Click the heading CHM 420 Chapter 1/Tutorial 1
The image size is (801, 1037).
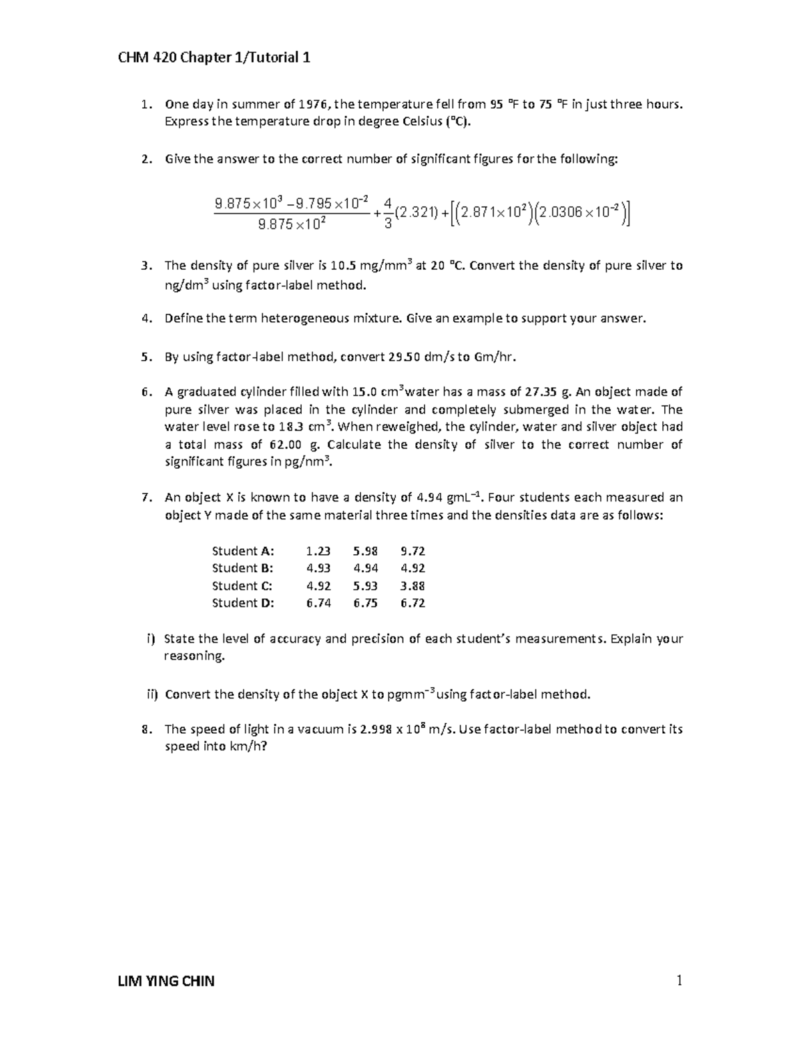(214, 58)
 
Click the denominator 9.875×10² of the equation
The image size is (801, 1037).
(292, 225)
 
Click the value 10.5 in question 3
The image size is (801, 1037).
(343, 266)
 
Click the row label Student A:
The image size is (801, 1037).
(243, 551)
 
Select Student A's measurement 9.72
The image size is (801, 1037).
(413, 551)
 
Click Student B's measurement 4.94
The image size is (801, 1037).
(366, 568)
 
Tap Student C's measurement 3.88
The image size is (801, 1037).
(413, 586)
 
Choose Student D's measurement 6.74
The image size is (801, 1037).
(318, 603)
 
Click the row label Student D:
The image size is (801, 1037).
(243, 603)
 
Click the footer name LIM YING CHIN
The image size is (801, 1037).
(167, 981)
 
